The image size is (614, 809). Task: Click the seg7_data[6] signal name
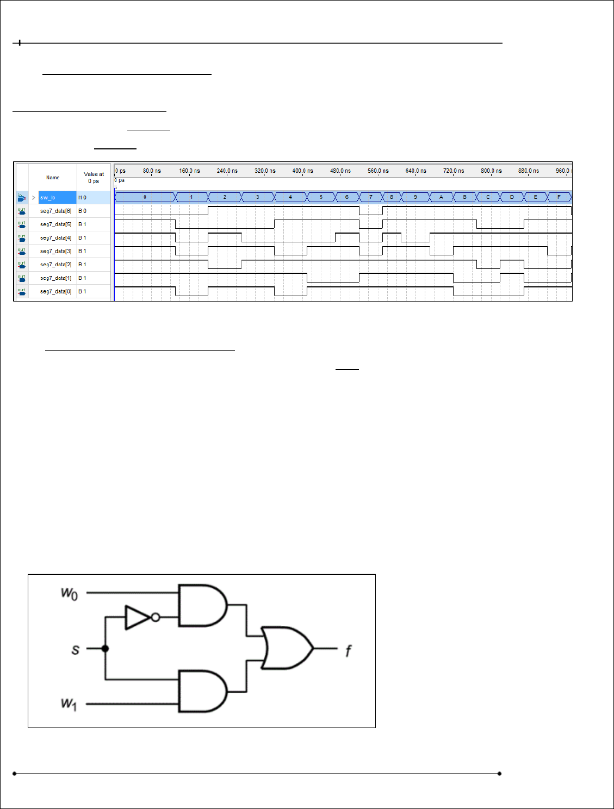point(55,211)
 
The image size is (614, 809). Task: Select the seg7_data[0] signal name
point(55,292)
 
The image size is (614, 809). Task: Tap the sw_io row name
point(48,198)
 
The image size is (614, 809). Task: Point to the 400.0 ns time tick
point(302,171)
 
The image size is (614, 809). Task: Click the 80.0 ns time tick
point(152,171)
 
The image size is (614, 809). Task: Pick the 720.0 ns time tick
point(453,171)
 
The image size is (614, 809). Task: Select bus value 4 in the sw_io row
point(290,197)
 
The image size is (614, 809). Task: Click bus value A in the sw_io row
point(441,197)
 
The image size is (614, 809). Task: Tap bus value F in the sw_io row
point(559,197)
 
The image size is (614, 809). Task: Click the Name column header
point(53,178)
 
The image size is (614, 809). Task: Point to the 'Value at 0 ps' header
point(94,178)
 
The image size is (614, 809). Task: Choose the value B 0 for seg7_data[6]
point(82,211)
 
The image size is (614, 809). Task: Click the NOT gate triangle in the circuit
point(137,617)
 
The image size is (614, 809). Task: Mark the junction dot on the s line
point(105,648)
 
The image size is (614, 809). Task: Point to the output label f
point(349,650)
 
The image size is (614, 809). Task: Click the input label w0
point(69,593)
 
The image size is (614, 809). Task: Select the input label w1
point(69,704)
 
